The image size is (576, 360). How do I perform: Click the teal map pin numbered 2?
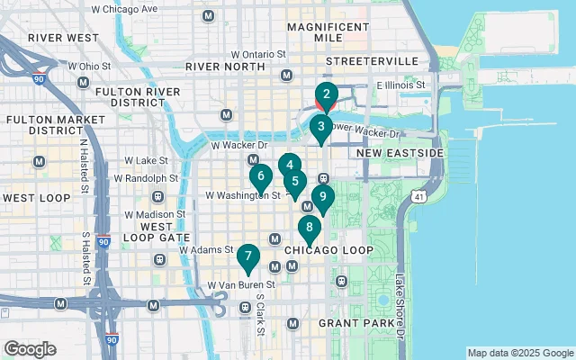click(x=326, y=94)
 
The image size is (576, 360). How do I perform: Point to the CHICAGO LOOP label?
click(x=328, y=248)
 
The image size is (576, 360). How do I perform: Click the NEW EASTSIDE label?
click(x=400, y=154)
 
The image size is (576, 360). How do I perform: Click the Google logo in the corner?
click(x=30, y=349)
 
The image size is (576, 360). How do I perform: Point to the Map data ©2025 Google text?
click(x=520, y=353)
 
